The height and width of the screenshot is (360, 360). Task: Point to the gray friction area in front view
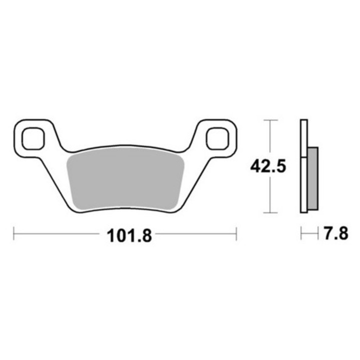pyautogui.click(x=125, y=177)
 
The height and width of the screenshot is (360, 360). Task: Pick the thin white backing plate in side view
pyautogui.click(x=303, y=165)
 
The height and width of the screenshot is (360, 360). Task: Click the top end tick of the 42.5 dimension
pyautogui.click(x=270, y=120)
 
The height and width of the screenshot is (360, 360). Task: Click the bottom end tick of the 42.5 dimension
pyautogui.click(x=270, y=212)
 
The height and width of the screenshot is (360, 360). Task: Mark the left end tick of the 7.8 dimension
pyautogui.click(x=300, y=233)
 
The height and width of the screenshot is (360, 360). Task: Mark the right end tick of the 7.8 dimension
pyautogui.click(x=318, y=233)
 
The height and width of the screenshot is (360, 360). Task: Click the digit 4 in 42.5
pyautogui.click(x=255, y=166)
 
